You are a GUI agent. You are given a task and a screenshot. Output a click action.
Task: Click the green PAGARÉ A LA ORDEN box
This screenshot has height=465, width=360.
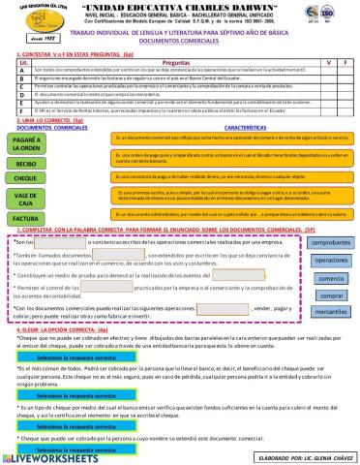[x=27, y=144]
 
